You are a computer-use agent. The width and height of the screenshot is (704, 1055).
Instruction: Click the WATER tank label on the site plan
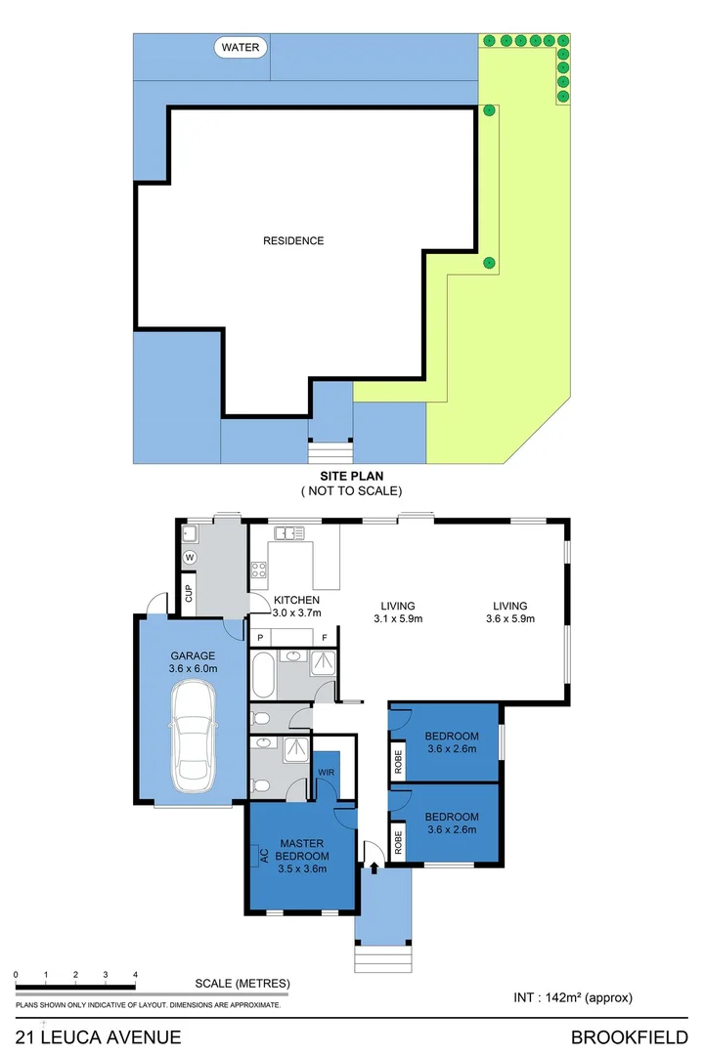point(239,47)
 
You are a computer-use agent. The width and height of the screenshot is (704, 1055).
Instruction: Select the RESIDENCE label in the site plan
point(292,240)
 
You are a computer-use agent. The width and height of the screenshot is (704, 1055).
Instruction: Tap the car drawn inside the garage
point(192,737)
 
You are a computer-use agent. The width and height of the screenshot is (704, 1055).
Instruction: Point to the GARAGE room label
point(192,656)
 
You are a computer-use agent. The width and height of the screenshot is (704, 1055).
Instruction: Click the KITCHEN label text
point(296,600)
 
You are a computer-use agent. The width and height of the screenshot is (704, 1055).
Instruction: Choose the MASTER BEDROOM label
point(302,850)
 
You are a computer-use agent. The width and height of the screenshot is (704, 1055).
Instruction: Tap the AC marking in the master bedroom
point(263,857)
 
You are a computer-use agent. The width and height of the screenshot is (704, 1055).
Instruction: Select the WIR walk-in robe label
point(326,773)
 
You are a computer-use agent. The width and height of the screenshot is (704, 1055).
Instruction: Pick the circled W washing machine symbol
point(190,557)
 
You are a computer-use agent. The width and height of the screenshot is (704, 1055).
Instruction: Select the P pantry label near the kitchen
point(259,638)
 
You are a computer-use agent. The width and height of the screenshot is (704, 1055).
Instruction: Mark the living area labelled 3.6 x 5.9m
point(510,612)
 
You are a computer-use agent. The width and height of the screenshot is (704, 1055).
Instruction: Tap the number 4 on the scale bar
point(135,975)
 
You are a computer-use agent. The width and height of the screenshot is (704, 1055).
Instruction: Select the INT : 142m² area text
point(573,997)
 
